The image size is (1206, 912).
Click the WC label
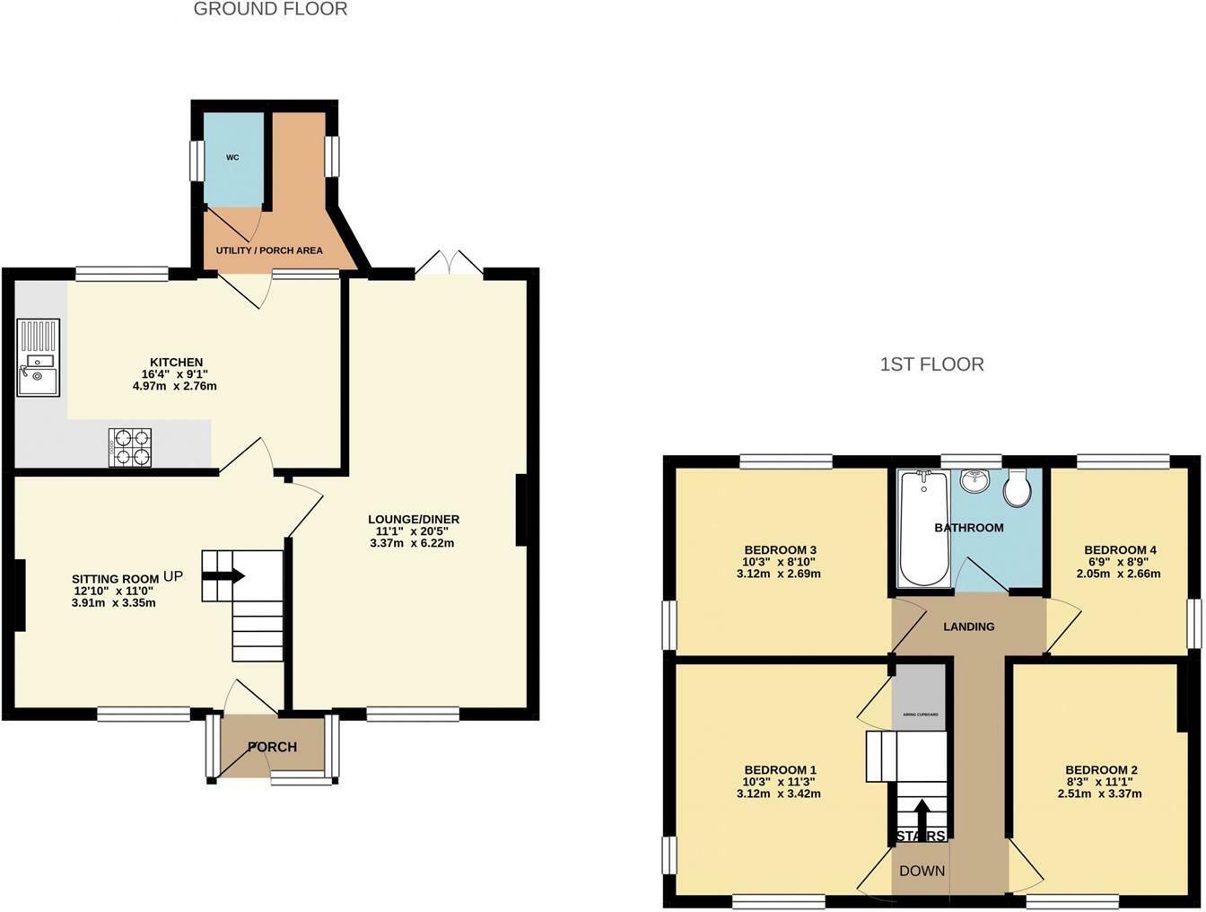point(232,158)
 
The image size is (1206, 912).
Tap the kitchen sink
point(38,370)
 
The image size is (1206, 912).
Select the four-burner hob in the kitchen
point(130,447)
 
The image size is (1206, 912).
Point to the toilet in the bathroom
point(1018,487)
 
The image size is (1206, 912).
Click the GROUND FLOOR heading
point(270,10)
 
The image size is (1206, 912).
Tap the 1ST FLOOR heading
point(932,364)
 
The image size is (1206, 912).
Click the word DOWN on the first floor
point(922,871)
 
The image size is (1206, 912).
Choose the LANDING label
point(969,627)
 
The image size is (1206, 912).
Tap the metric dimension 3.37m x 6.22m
point(413,543)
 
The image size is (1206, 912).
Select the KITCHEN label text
point(176,363)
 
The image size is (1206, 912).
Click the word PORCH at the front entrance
point(272,747)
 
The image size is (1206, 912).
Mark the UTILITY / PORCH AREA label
point(269,250)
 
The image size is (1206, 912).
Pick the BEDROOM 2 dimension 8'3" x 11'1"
point(1102,782)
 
